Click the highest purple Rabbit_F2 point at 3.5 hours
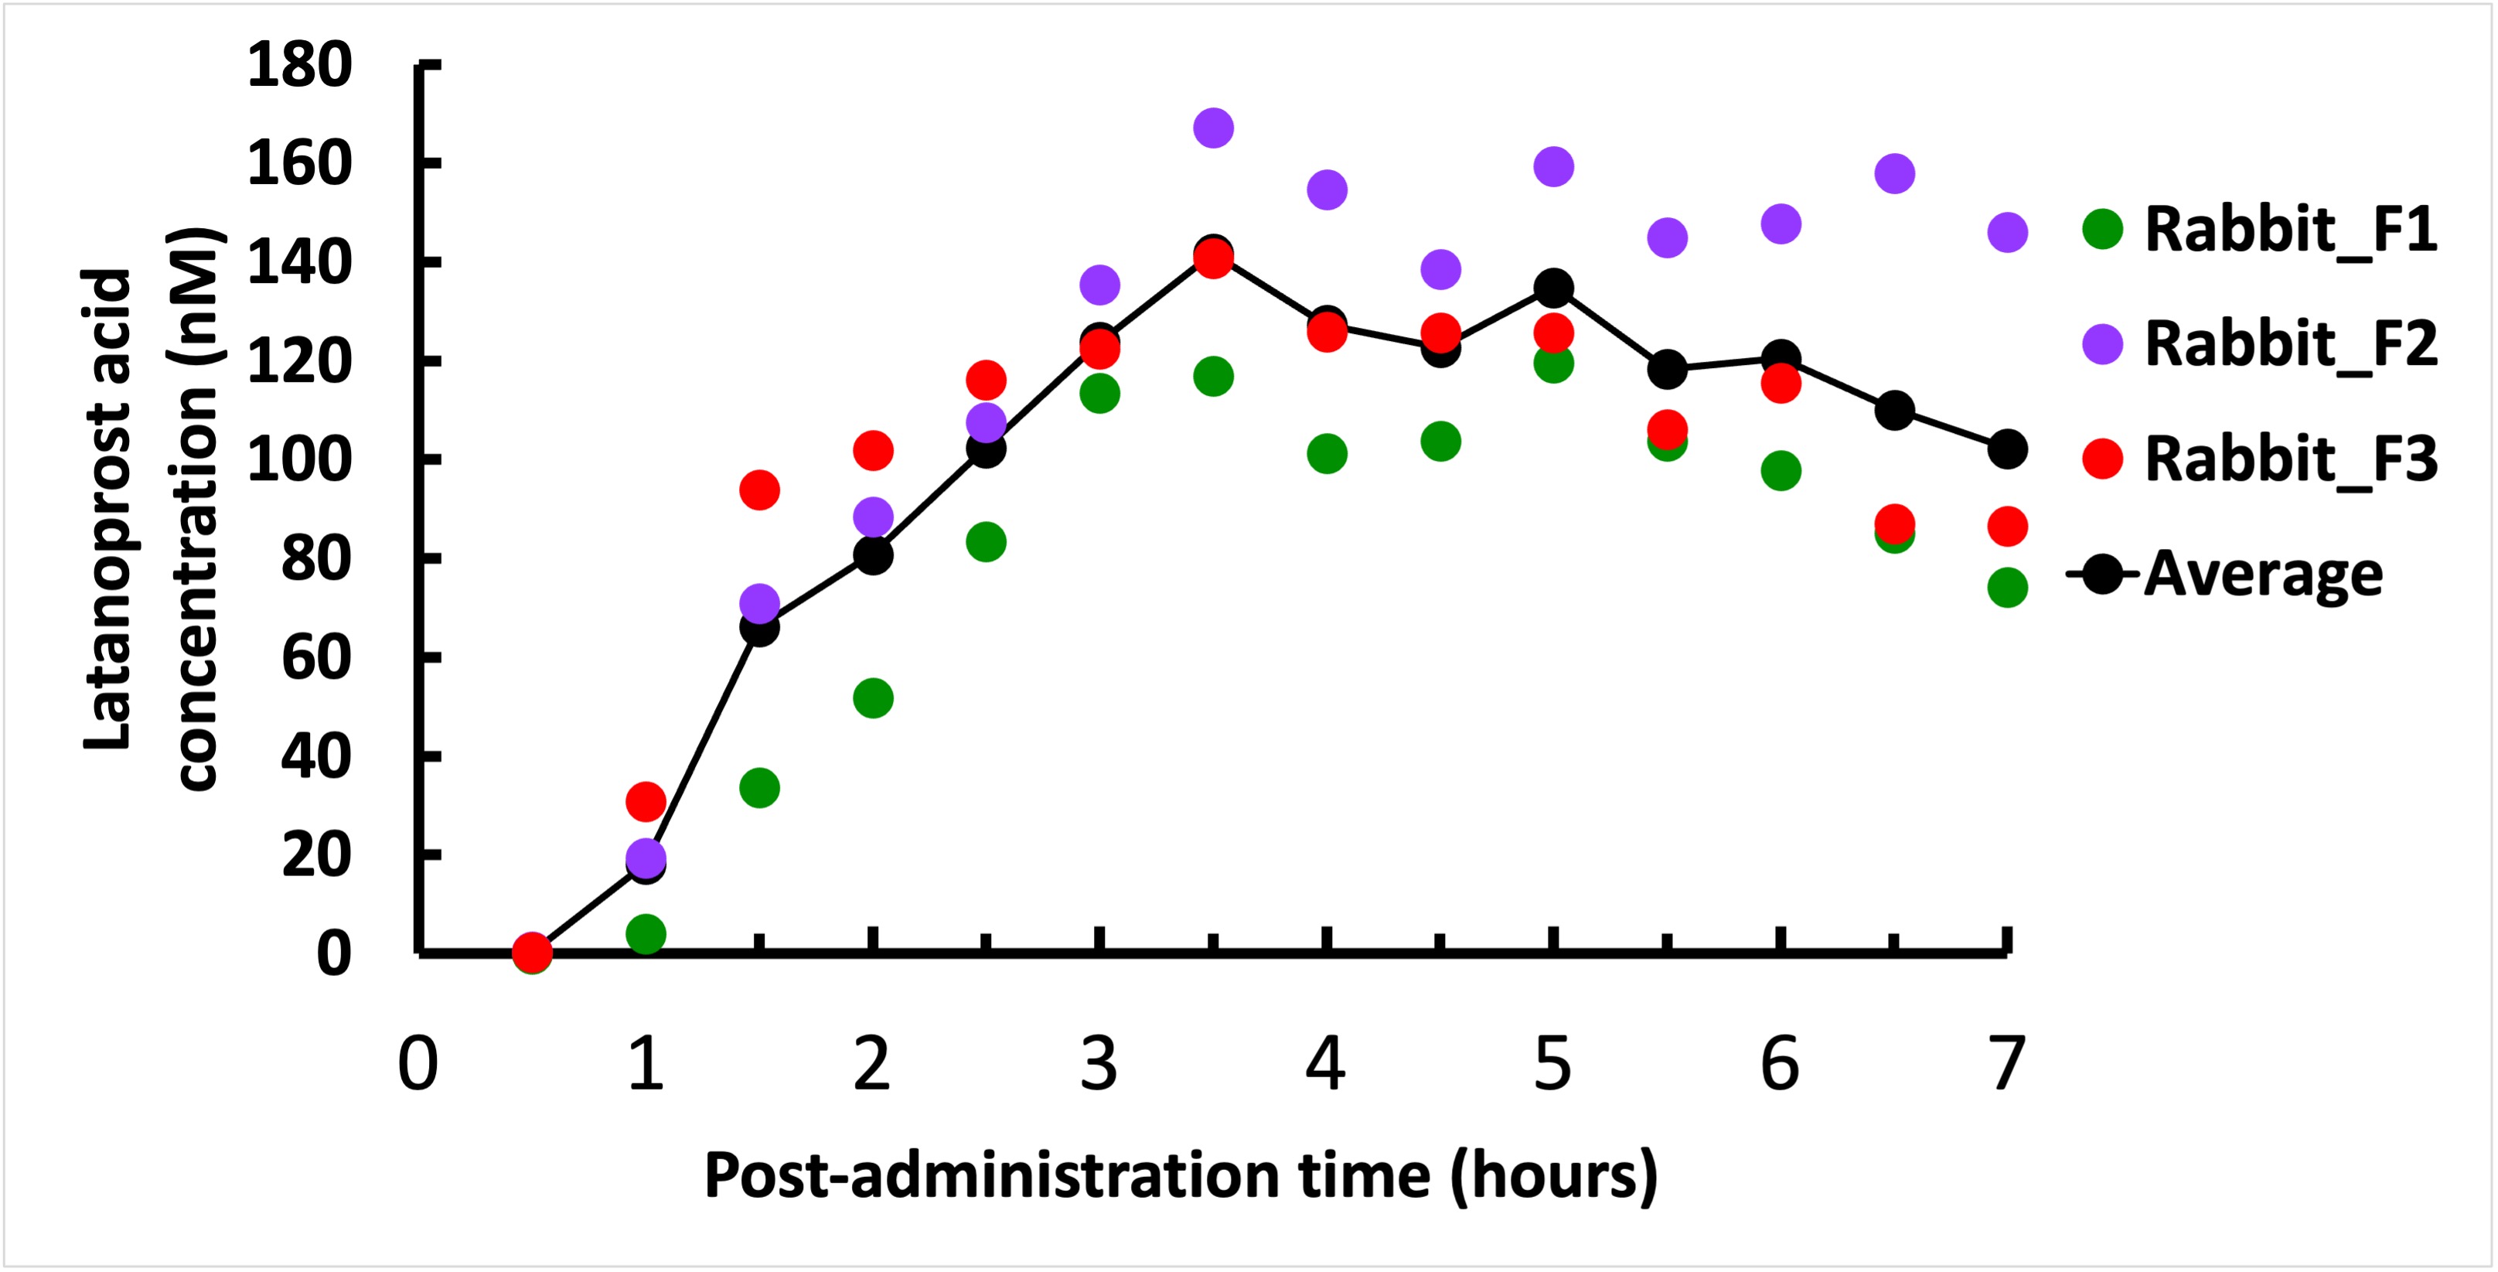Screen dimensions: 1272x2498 pos(1213,127)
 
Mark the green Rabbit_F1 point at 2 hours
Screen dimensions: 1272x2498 pos(873,698)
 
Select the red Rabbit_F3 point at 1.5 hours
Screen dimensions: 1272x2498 pos(759,489)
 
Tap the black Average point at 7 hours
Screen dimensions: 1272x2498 pos(2006,449)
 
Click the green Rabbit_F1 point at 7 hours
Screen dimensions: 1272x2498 pos(2006,587)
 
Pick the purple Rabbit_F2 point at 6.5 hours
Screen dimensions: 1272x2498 pos(1894,173)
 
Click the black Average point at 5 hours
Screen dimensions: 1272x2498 pos(1552,288)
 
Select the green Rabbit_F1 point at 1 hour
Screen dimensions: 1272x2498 pos(646,935)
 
